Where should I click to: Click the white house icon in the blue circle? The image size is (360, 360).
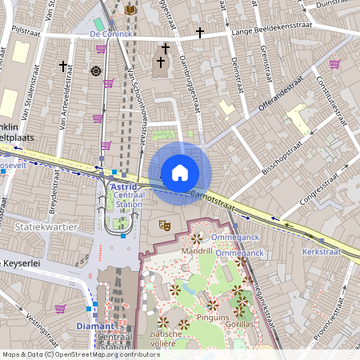179,172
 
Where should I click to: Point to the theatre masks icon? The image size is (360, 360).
165,226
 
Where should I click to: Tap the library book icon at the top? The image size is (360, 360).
131,10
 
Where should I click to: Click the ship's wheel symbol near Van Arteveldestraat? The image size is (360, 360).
96,70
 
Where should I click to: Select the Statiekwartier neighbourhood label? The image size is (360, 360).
46,226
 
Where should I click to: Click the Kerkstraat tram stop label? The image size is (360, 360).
322,251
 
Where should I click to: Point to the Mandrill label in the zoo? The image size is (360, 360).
196,250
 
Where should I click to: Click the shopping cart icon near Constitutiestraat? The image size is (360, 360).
334,64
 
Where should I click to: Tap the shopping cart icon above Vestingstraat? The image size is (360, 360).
60,308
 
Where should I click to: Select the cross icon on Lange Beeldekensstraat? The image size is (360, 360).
199,34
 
